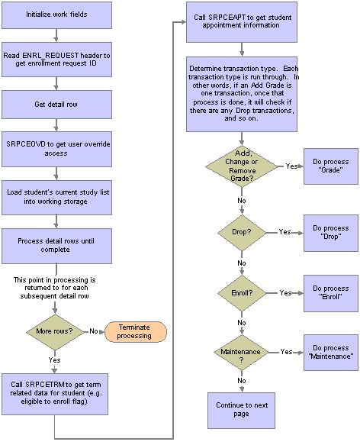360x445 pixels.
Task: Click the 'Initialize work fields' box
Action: point(56,15)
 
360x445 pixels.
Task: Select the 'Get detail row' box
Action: point(56,105)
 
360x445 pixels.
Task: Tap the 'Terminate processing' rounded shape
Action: point(136,332)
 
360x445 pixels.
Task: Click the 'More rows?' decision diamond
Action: point(55,332)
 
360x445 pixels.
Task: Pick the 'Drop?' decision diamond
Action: point(242,233)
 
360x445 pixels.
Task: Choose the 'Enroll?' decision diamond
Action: point(242,293)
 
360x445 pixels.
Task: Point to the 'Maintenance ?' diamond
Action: point(241,353)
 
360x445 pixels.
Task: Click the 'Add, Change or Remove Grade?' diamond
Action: point(242,166)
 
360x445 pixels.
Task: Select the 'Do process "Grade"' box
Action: point(331,166)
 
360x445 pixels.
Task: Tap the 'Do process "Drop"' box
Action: point(331,233)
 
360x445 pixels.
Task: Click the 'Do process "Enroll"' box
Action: point(331,293)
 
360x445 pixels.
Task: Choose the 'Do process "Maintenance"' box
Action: point(331,353)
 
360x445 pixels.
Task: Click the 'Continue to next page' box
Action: point(242,411)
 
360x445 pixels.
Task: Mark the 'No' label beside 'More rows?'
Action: point(94,331)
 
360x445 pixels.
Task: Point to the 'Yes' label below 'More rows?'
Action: point(54,360)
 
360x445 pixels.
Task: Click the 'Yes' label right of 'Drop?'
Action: point(284,232)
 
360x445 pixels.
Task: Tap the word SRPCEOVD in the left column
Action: point(26,144)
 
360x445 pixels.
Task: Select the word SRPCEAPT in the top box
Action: point(227,18)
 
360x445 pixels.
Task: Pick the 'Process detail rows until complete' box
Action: point(56,247)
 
